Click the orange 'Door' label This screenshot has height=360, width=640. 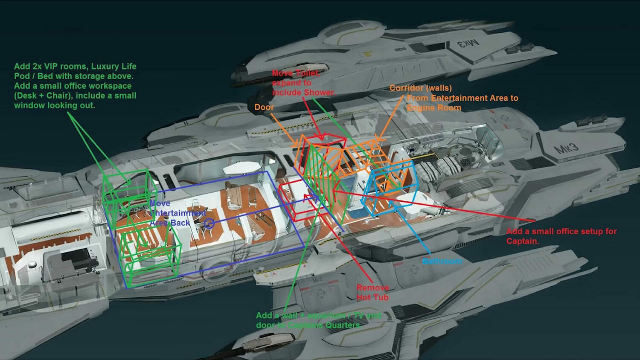264,107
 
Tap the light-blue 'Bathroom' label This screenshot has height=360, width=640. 442,261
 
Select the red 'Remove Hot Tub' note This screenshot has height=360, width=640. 372,293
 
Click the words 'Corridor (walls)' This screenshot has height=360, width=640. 420,88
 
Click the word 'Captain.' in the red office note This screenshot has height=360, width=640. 522,241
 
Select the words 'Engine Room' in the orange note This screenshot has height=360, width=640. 434,107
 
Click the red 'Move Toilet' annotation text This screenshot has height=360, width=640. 295,73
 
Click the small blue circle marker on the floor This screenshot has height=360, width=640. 209,223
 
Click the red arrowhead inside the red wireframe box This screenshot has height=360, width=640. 305,197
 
